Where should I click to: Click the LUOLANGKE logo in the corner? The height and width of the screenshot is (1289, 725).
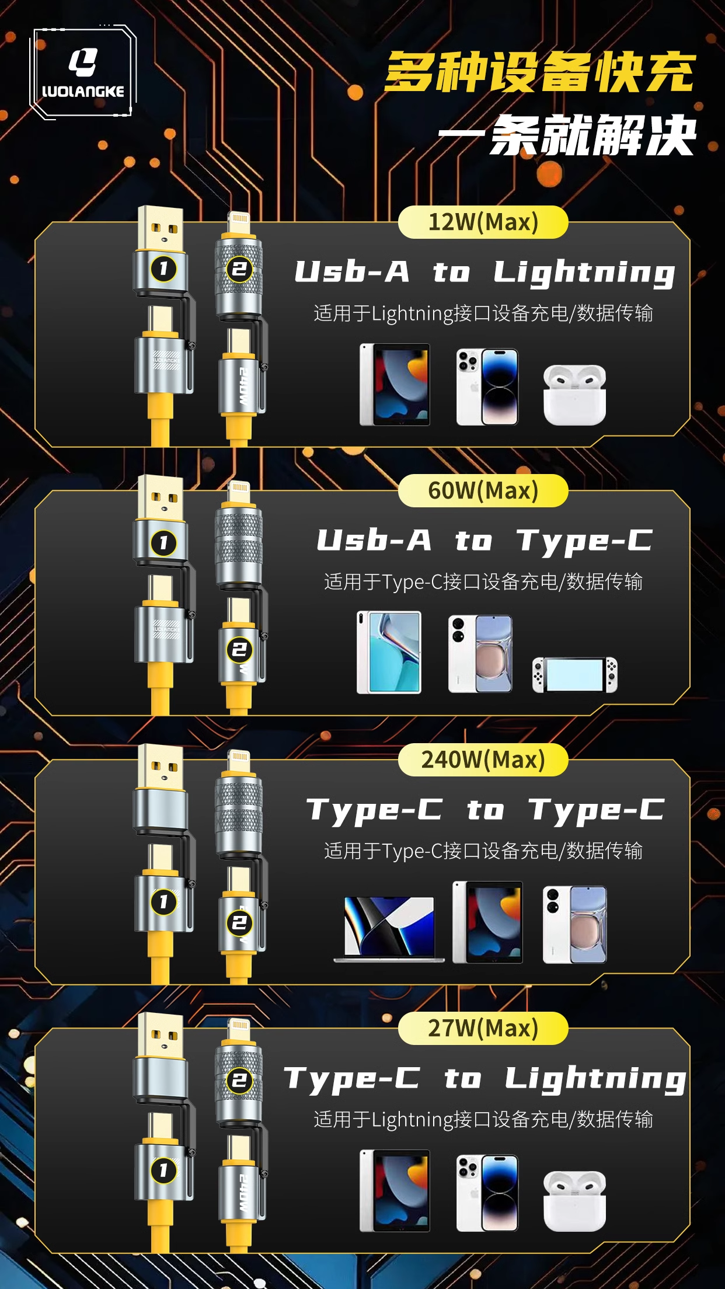(83, 72)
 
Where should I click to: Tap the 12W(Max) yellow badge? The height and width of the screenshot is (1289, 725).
(483, 222)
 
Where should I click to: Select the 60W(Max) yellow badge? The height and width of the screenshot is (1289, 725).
(483, 491)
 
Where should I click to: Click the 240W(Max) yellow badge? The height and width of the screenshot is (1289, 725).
(483, 760)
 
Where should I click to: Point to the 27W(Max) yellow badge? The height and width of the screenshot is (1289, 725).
(483, 1029)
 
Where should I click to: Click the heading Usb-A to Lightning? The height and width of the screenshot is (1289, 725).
(485, 273)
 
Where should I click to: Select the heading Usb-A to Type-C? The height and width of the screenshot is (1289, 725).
(485, 541)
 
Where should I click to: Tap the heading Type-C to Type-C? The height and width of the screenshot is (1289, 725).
(485, 810)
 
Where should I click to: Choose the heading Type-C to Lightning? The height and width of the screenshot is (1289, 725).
(485, 1079)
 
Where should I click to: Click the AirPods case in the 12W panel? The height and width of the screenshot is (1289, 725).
(574, 395)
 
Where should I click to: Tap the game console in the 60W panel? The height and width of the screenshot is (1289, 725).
(574, 675)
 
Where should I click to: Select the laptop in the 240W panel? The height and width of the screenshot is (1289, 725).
(389, 929)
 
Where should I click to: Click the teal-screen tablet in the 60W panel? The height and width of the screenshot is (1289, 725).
(389, 652)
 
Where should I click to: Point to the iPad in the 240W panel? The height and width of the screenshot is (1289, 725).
(487, 922)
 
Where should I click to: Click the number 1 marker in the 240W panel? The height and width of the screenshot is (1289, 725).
(163, 902)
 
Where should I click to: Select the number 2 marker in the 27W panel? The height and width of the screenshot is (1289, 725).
(239, 1080)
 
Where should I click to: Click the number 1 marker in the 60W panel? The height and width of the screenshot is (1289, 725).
(163, 543)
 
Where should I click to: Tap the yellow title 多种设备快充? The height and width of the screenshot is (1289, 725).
(540, 72)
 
